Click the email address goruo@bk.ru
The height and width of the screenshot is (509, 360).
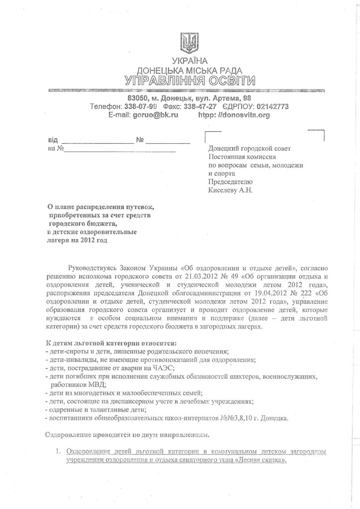(x=146, y=115)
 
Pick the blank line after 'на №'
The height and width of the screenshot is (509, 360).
(x=120, y=150)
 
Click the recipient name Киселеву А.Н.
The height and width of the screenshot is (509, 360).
(x=230, y=189)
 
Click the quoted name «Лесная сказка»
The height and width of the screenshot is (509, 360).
(x=262, y=460)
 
